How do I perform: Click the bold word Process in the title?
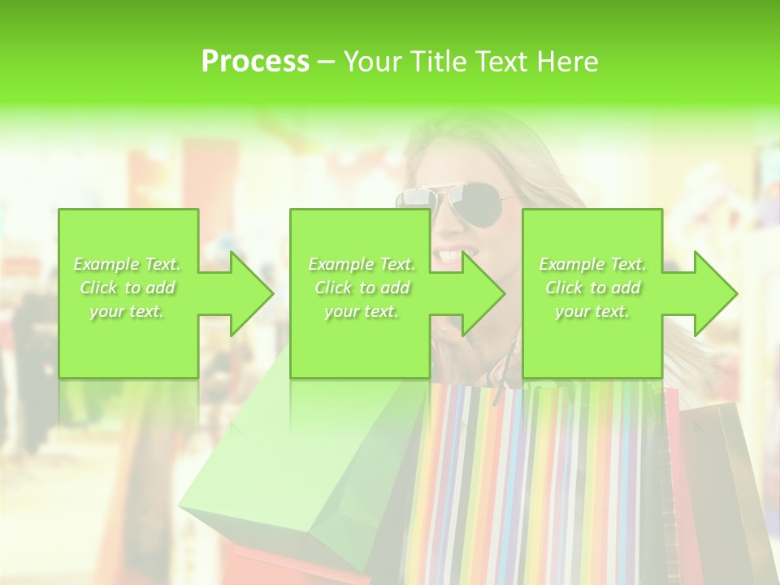point(255,62)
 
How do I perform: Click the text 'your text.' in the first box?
point(127,310)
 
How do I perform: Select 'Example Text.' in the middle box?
point(362,264)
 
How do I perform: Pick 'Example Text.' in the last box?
point(592,264)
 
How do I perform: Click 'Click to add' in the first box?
point(128,288)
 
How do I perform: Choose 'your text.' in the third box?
point(592,310)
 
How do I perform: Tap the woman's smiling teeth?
point(449,256)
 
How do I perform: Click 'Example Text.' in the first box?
point(128,264)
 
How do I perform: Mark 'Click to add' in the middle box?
point(362,288)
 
